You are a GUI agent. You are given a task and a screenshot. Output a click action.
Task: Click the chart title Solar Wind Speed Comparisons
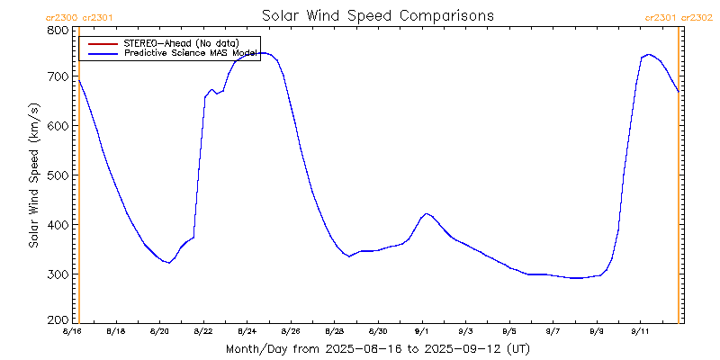click(377, 16)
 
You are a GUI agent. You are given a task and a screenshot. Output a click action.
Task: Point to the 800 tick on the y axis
click(58, 30)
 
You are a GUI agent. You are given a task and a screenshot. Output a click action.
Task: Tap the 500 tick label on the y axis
click(58, 175)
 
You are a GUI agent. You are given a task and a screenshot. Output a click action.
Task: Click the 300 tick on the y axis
click(58, 274)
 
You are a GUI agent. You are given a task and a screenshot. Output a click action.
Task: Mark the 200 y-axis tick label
click(58, 319)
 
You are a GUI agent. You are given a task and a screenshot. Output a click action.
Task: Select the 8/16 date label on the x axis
click(72, 331)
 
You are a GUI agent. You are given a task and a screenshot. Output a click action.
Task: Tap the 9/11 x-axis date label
click(641, 331)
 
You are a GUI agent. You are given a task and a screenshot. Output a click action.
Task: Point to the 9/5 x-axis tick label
click(509, 331)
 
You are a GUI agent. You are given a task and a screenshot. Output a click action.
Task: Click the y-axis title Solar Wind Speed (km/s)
click(33, 175)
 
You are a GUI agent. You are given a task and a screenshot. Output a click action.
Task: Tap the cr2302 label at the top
click(697, 17)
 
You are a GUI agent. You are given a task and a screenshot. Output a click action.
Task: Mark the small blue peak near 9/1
click(427, 213)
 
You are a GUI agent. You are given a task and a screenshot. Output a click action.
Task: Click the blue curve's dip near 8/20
click(169, 263)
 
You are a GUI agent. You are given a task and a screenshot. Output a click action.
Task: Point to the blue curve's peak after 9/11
click(648, 55)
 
